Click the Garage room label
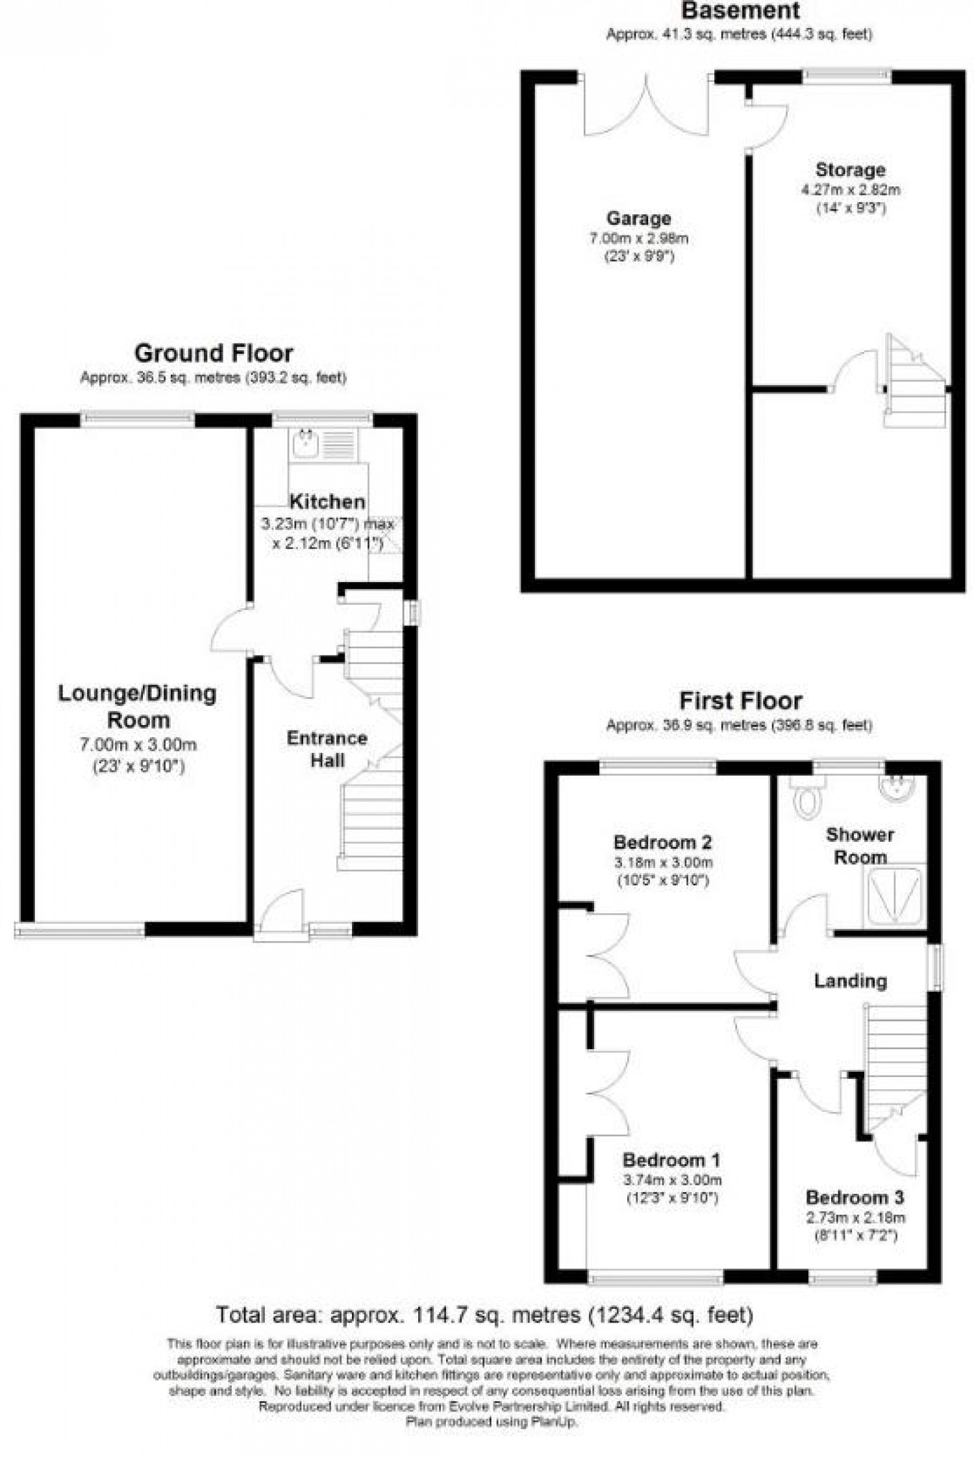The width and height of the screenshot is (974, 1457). coord(638,218)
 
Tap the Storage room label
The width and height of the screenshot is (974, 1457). coord(850,170)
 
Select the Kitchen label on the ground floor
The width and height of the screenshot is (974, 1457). coord(327,501)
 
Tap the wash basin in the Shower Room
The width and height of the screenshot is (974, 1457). coord(899,785)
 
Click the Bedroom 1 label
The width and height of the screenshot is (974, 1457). coord(671,1159)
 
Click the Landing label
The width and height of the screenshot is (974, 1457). coord(850,981)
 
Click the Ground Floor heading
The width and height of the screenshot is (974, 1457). coord(214,353)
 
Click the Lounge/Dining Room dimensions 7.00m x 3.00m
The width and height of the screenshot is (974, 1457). coord(138,745)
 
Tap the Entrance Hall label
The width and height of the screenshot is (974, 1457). coord(327,749)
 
